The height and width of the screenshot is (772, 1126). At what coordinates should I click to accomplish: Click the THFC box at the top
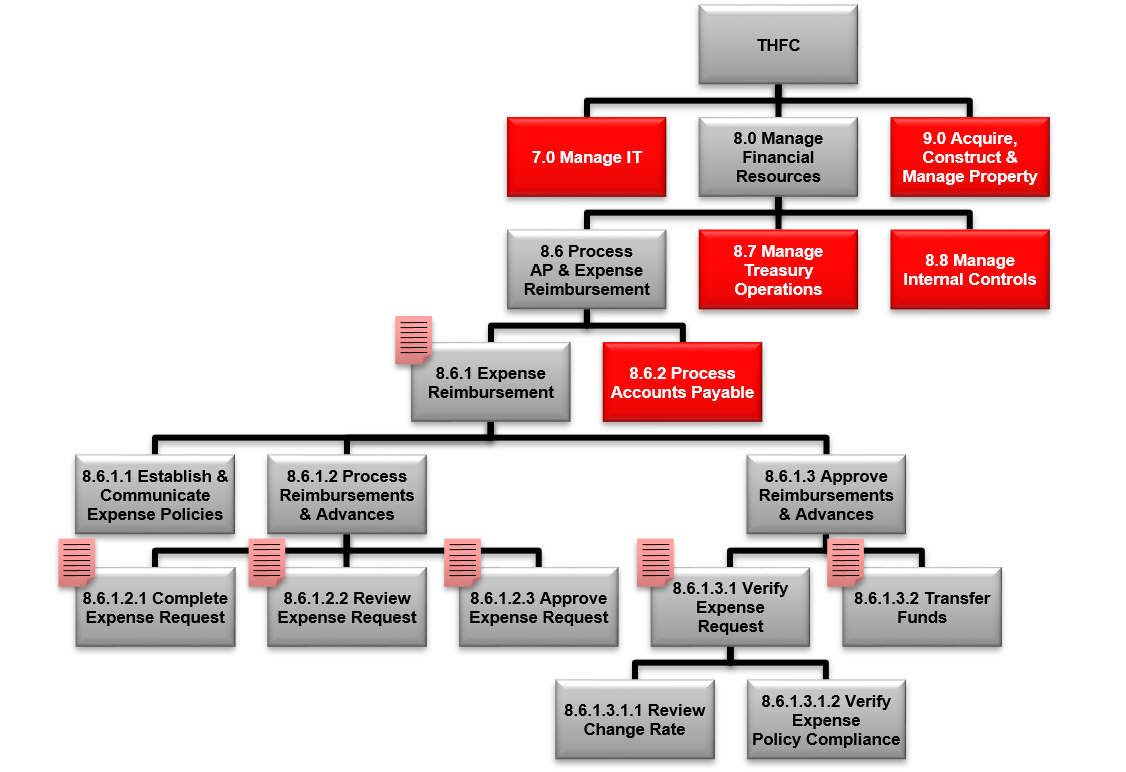click(x=777, y=45)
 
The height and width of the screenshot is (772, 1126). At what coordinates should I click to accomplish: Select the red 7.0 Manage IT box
click(x=586, y=157)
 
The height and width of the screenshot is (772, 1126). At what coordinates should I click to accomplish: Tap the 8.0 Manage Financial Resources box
click(x=777, y=157)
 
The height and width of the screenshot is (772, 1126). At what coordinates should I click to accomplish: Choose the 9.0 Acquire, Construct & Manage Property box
click(x=969, y=157)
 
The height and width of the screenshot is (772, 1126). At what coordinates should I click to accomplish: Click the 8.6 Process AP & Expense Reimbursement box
click(x=586, y=270)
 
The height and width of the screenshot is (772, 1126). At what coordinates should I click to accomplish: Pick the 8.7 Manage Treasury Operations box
click(x=777, y=270)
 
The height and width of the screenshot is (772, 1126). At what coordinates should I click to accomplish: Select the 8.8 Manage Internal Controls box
click(x=969, y=270)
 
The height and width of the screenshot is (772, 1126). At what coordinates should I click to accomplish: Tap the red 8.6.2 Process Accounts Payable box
click(x=682, y=382)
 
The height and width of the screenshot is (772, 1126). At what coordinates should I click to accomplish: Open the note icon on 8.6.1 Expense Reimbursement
click(x=413, y=339)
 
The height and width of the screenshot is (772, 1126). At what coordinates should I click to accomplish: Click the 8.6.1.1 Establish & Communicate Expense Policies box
click(x=155, y=495)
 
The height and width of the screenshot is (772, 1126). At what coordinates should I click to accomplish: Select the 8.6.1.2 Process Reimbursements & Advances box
click(x=346, y=495)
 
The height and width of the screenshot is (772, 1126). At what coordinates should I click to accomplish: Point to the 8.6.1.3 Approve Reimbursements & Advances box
click(x=826, y=495)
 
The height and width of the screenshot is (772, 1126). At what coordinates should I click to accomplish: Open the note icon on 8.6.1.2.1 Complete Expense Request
click(x=76, y=561)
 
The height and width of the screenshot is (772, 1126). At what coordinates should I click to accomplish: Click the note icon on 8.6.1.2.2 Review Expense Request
click(x=266, y=561)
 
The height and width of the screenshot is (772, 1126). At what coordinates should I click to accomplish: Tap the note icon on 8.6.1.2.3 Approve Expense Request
click(x=462, y=561)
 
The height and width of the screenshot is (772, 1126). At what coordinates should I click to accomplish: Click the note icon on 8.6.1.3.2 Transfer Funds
click(x=845, y=561)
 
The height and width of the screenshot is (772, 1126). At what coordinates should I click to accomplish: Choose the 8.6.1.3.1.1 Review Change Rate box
click(x=634, y=720)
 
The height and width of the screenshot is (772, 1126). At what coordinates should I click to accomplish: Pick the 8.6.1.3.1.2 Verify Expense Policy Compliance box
click(x=826, y=720)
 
